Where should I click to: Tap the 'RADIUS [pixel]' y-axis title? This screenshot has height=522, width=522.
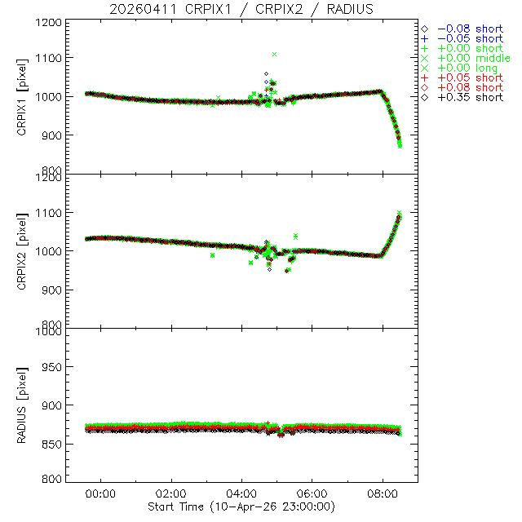(x=33, y=405)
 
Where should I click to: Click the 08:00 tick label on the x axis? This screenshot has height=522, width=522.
(x=383, y=494)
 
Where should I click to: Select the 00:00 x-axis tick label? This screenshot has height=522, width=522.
(x=101, y=494)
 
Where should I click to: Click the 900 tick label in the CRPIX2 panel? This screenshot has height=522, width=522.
(x=54, y=290)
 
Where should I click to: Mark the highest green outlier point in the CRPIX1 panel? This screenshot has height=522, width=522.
(x=275, y=54)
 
